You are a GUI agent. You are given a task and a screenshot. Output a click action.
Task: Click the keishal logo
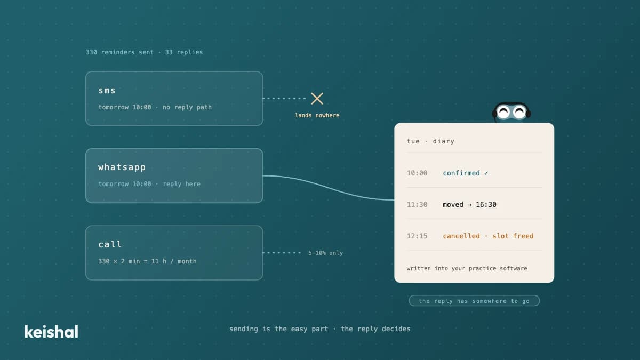click(51, 331)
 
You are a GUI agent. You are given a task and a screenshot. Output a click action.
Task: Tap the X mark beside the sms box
click(317, 99)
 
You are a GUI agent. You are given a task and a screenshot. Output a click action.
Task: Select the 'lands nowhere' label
click(317, 115)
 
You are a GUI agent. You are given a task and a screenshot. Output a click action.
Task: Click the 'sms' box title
click(107, 91)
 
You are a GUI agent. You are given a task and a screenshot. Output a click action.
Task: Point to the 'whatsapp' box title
click(122, 167)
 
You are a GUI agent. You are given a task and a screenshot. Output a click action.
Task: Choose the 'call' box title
click(110, 244)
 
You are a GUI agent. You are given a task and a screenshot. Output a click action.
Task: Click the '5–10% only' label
click(325, 253)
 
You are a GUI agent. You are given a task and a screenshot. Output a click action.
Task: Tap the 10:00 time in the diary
click(417, 173)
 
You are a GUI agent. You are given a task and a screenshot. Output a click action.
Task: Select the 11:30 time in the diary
click(417, 205)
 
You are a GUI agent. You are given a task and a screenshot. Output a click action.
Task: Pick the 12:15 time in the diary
click(417, 236)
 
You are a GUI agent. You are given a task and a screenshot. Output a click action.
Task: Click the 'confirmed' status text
click(461, 173)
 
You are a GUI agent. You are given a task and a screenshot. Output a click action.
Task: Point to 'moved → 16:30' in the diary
click(469, 205)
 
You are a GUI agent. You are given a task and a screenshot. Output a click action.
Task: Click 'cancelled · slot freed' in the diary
click(489, 236)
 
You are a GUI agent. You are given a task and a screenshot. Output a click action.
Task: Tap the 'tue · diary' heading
click(430, 141)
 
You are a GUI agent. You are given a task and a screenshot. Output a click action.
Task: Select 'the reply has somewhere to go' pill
click(474, 301)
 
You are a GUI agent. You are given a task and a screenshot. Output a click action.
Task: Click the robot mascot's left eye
click(504, 112)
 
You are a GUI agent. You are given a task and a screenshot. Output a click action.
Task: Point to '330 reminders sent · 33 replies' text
click(145, 52)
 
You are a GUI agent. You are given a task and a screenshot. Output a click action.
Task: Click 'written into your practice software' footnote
click(467, 269)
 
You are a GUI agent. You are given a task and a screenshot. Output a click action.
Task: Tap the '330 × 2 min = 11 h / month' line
click(147, 261)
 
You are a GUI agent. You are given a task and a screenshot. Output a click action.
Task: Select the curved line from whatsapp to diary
click(329, 187)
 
